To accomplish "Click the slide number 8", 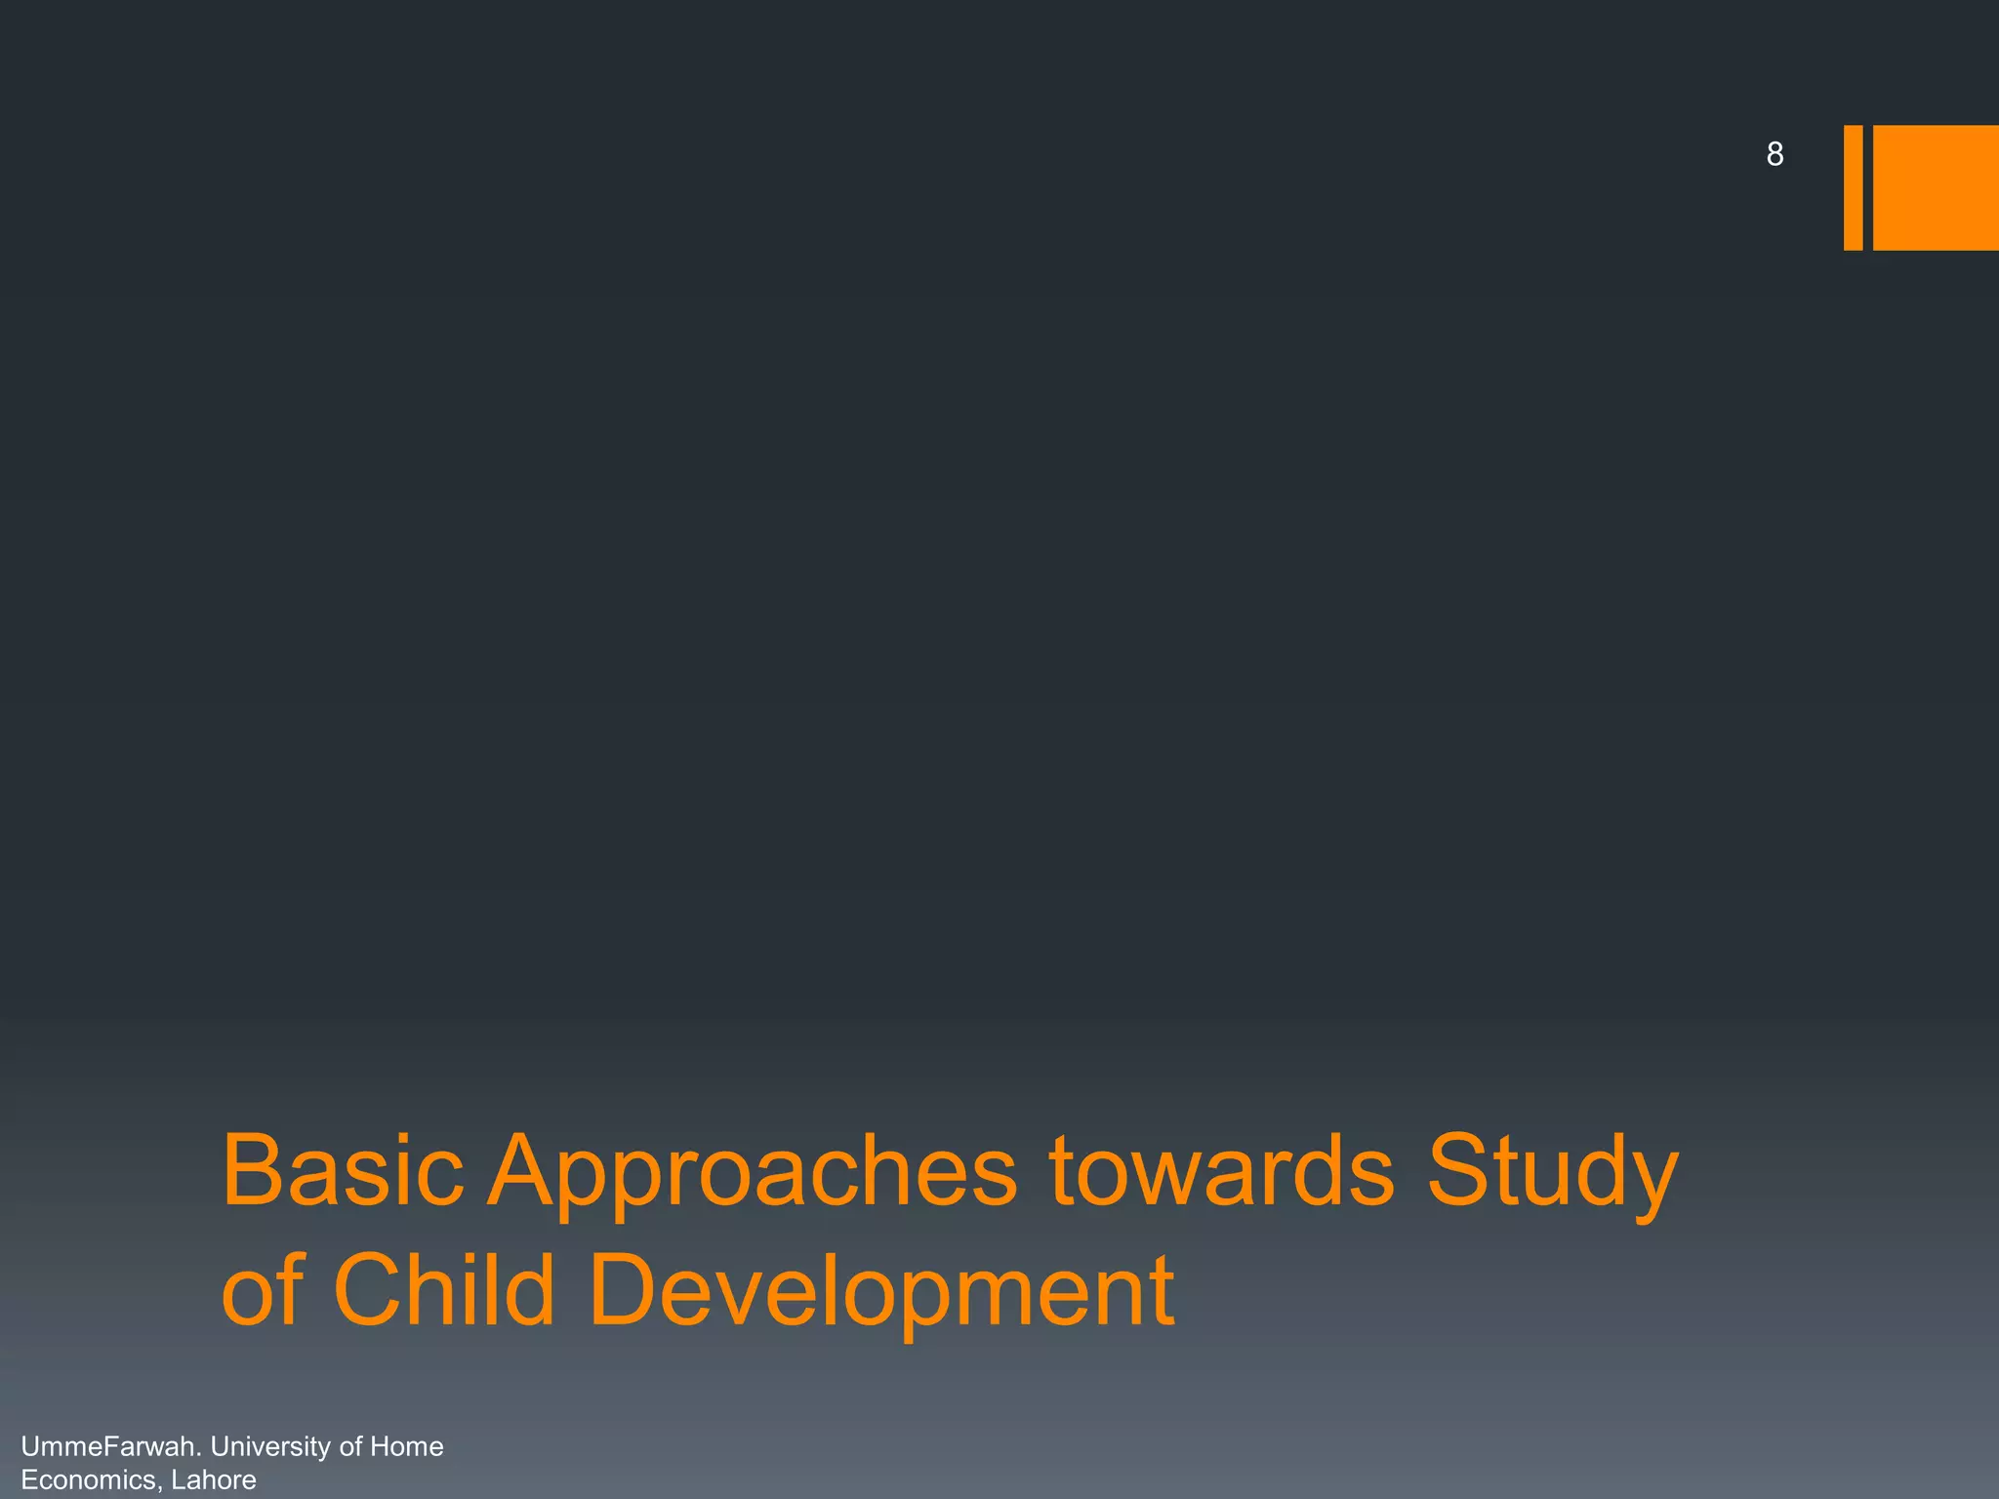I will click(x=1775, y=154).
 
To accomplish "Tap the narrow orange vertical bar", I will click(x=1853, y=187).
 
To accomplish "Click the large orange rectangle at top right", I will click(x=1936, y=187).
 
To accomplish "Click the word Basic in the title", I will click(x=343, y=1170).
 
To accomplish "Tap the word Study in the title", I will click(x=1552, y=1176).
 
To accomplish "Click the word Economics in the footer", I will click(x=86, y=1479).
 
